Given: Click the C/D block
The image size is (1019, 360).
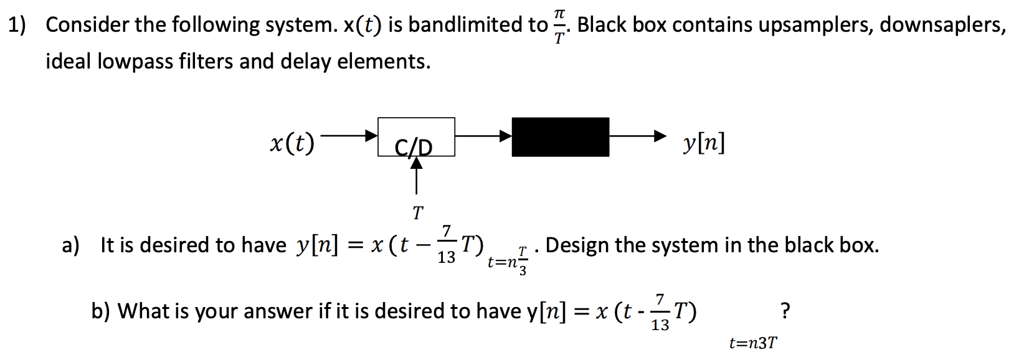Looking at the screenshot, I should (416, 137).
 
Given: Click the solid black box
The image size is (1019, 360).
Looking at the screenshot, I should (560, 137).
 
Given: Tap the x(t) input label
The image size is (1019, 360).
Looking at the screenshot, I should (291, 143).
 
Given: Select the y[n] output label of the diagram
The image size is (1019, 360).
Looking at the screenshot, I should (703, 143).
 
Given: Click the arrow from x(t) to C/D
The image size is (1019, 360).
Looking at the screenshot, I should (349, 135).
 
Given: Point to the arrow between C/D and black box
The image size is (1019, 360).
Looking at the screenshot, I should (483, 135).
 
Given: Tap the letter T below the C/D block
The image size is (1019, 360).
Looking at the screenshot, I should (417, 213).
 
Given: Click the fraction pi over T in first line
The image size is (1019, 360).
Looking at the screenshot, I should (559, 26).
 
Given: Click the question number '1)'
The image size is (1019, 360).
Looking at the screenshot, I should (17, 25).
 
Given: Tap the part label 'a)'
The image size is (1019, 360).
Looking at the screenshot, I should (70, 245).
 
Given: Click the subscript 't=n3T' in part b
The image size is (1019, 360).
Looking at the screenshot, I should (752, 343).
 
